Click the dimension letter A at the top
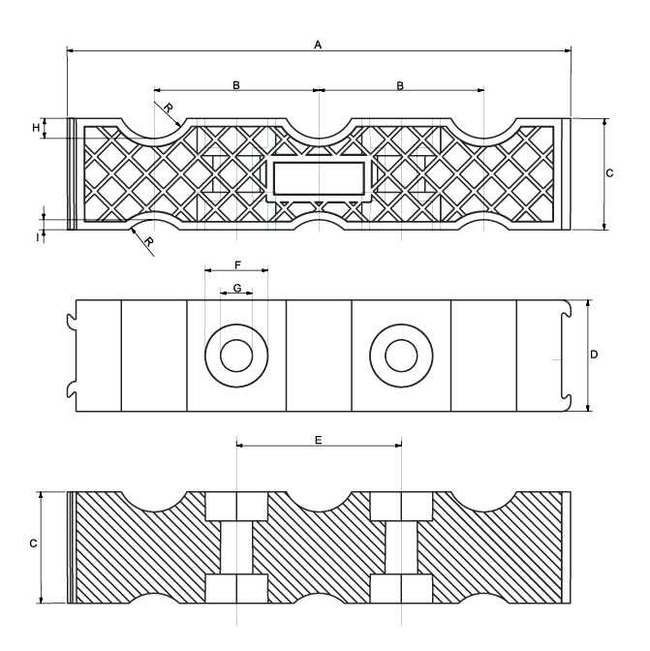(318, 45)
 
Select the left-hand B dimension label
(235, 85)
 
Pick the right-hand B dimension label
(400, 85)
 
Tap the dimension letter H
(36, 128)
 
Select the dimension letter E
(319, 439)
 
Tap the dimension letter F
(237, 263)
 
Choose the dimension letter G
(236, 289)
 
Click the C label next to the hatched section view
(32, 545)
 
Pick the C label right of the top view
(609, 173)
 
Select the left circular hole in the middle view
(235, 356)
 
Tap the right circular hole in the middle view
(400, 356)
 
